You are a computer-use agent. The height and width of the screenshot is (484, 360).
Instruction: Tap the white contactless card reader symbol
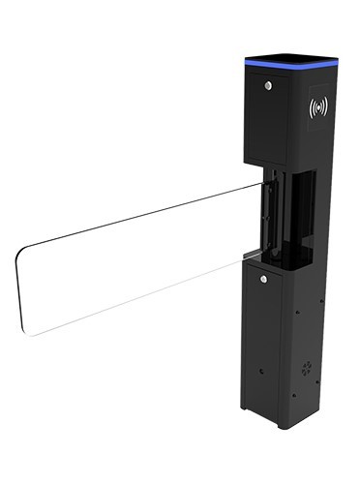tap(318, 107)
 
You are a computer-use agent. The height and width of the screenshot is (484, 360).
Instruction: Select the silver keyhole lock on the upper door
tap(267, 85)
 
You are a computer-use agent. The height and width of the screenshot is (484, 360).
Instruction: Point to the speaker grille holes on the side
tap(308, 368)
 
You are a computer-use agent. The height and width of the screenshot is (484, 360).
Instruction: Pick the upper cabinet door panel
tap(265, 121)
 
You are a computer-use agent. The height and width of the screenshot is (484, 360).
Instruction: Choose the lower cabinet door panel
tap(262, 339)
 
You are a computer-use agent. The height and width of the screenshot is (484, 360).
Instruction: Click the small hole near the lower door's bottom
tap(261, 371)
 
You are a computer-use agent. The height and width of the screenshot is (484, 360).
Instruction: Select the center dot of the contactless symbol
tap(318, 107)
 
